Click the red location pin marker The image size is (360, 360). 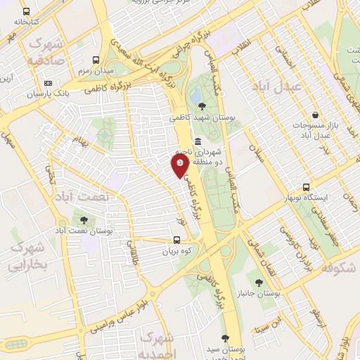point(180,165)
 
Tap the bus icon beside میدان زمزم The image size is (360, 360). point(96,60)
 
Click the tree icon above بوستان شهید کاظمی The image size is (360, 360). point(202,105)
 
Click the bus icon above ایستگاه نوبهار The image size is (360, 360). point(306,187)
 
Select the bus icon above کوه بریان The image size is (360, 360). point(176,240)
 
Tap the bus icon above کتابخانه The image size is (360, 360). point(26,12)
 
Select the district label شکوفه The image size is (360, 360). point(338,269)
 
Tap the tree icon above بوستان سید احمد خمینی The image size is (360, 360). point(225,338)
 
